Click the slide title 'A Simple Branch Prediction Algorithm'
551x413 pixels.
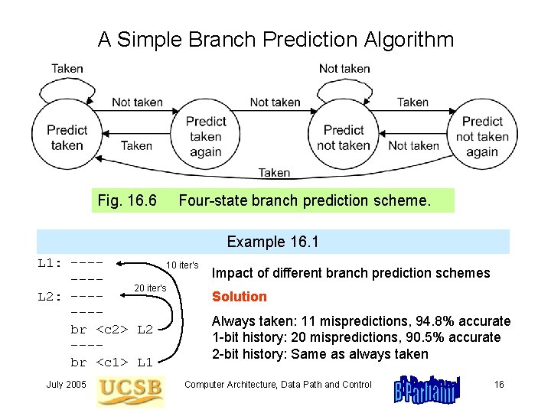[275, 39]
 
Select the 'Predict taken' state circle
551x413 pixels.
[67, 138]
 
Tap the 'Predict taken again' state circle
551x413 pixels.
[205, 136]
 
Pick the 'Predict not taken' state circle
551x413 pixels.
[344, 138]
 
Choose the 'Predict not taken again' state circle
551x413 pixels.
[482, 136]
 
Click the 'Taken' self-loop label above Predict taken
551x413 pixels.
[67, 68]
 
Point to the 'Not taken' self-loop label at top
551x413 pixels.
[344, 68]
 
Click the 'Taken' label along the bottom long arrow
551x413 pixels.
[274, 173]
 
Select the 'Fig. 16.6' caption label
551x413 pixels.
[128, 200]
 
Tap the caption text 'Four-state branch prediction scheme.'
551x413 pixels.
[305, 200]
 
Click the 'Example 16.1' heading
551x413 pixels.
[272, 242]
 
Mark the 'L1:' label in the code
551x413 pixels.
[51, 263]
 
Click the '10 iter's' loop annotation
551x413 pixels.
[183, 265]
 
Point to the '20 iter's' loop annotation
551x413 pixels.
[150, 288]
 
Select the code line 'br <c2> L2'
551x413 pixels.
[112, 330]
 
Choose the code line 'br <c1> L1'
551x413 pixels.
[112, 362]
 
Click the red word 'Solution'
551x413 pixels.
[240, 296]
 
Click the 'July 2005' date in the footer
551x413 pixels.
[67, 384]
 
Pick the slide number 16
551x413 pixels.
[499, 384]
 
